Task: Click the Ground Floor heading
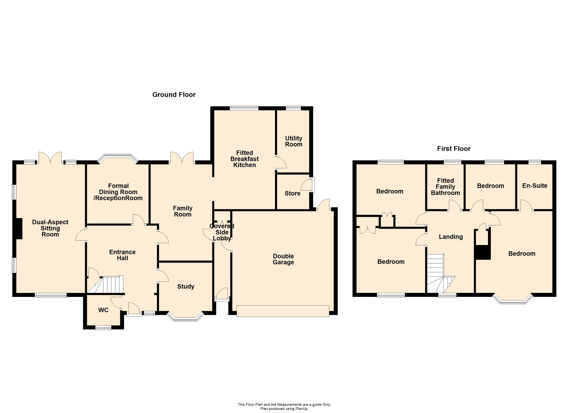(174, 95)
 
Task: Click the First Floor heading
(454, 149)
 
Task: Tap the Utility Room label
(293, 141)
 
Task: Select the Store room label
(292, 193)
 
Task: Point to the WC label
(103, 310)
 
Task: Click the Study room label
(186, 287)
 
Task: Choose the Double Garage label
(283, 259)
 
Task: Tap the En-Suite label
(535, 186)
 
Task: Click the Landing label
(451, 237)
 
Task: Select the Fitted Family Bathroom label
(445, 187)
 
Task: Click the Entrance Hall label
(122, 255)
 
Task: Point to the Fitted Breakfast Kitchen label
(244, 159)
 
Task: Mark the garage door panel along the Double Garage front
(283, 311)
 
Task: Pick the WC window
(103, 328)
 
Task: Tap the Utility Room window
(293, 108)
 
